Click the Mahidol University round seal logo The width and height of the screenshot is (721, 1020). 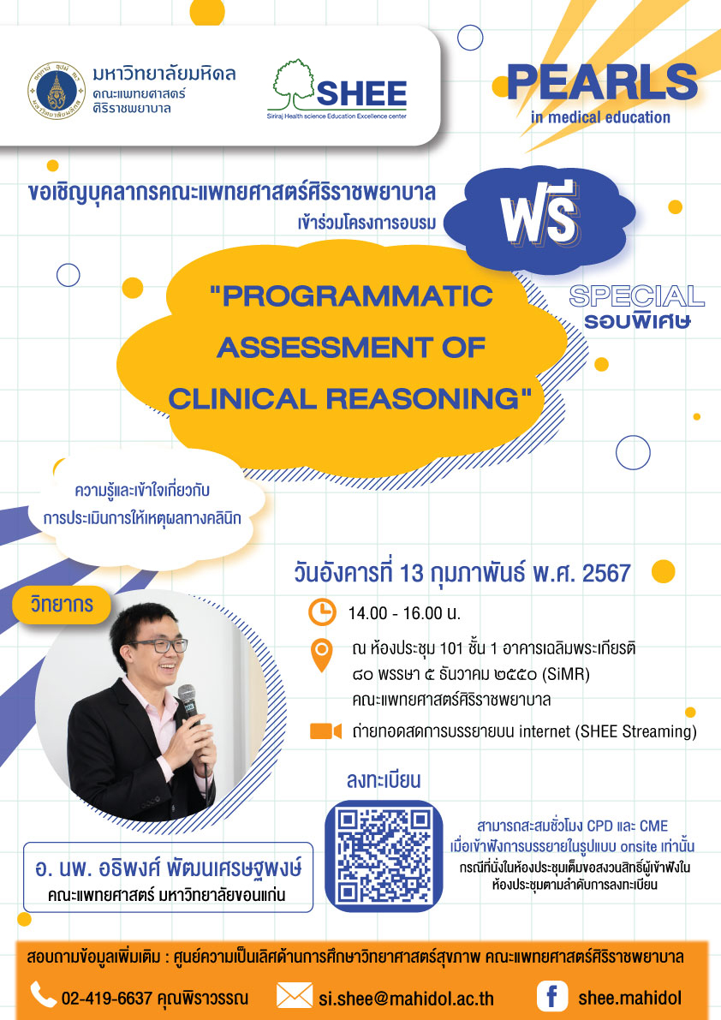tap(57, 91)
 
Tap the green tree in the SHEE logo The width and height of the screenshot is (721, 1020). tap(293, 83)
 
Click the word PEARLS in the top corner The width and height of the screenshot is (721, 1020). tap(602, 83)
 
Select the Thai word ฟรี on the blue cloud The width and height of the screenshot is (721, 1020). tap(539, 212)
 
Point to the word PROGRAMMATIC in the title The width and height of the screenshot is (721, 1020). tap(351, 296)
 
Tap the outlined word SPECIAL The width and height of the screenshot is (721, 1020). tap(636, 296)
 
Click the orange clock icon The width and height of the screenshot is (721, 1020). tap(322, 612)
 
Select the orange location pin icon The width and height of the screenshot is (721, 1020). tap(322, 655)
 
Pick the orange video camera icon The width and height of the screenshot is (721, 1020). tap(325, 731)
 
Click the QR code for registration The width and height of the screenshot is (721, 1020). tap(384, 856)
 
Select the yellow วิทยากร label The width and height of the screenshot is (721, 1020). tap(62, 605)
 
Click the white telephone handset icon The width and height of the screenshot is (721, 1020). tap(44, 994)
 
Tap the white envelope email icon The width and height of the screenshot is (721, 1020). tap(295, 996)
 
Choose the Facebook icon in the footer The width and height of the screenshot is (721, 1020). tap(552, 996)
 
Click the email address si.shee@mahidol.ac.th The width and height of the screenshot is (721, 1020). tap(407, 999)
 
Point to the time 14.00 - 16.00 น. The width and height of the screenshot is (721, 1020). tap(404, 613)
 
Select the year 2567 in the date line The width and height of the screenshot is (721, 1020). tap(606, 573)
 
